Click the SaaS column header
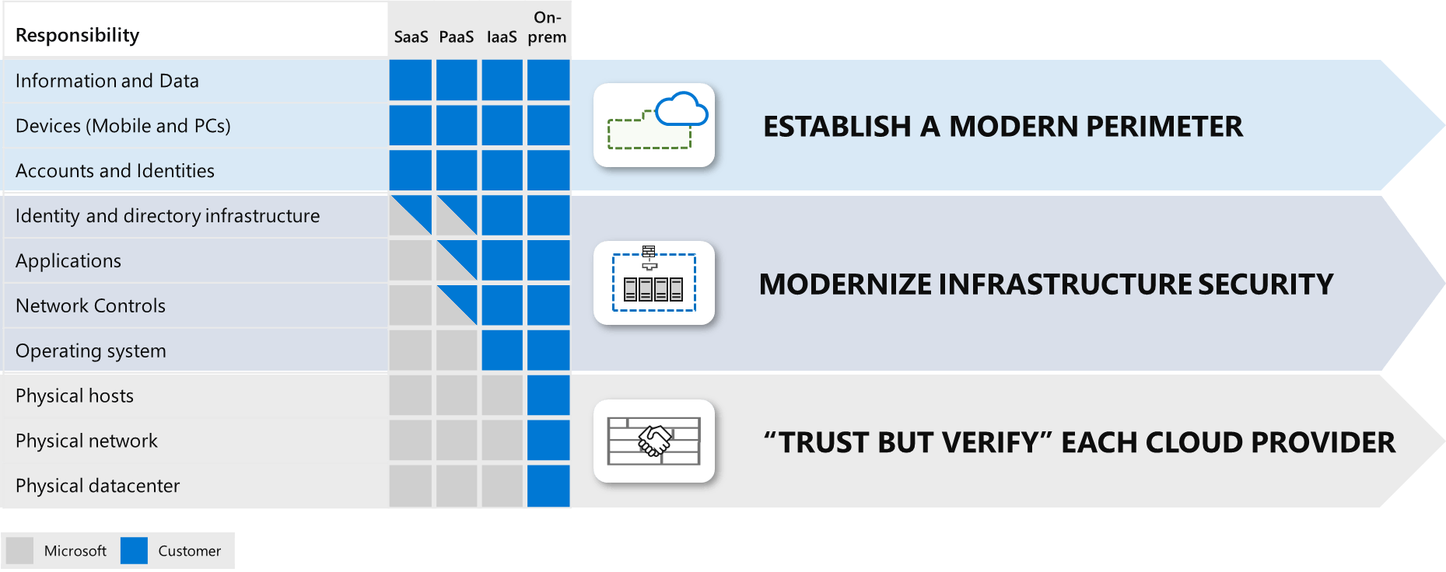(411, 37)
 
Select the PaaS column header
(456, 37)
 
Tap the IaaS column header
(502, 37)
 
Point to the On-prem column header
(547, 27)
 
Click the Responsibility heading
(77, 35)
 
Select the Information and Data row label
(107, 81)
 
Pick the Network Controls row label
(90, 305)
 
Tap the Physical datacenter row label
(97, 486)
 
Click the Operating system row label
(90, 351)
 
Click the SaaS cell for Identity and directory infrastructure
(411, 215)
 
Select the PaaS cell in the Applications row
(457, 260)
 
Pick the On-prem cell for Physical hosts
(548, 396)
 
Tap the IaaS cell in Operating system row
(502, 351)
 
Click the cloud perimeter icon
(654, 124)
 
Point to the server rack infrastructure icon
(654, 283)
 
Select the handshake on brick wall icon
(654, 441)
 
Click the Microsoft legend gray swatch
(19, 550)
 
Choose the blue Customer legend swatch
(134, 550)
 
